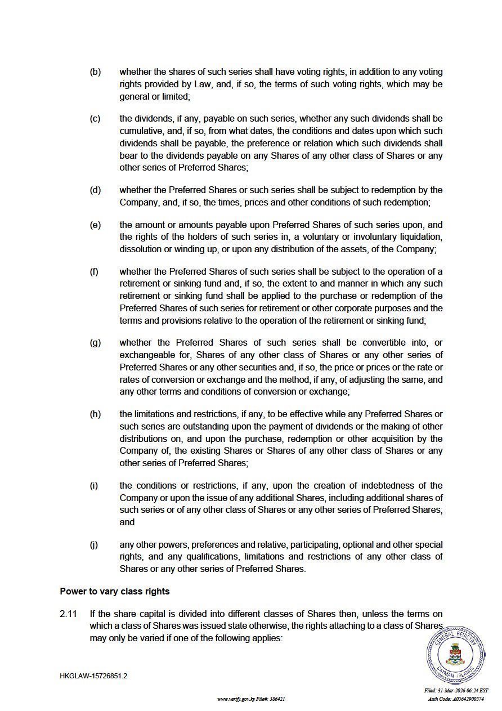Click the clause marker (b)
[95, 72]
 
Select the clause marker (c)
[95, 119]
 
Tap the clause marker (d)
[95, 190]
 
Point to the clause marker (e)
[95, 225]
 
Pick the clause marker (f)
[94, 271]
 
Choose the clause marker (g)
[95, 342]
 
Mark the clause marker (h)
[95, 414]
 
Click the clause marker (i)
[94, 485]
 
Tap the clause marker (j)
[94, 544]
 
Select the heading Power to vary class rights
[115, 592]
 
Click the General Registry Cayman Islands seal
[455, 654]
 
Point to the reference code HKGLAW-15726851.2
[93, 676]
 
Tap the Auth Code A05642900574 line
[456, 699]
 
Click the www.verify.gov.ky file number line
[251, 699]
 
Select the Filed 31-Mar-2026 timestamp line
[456, 691]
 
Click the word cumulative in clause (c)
[140, 131]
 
